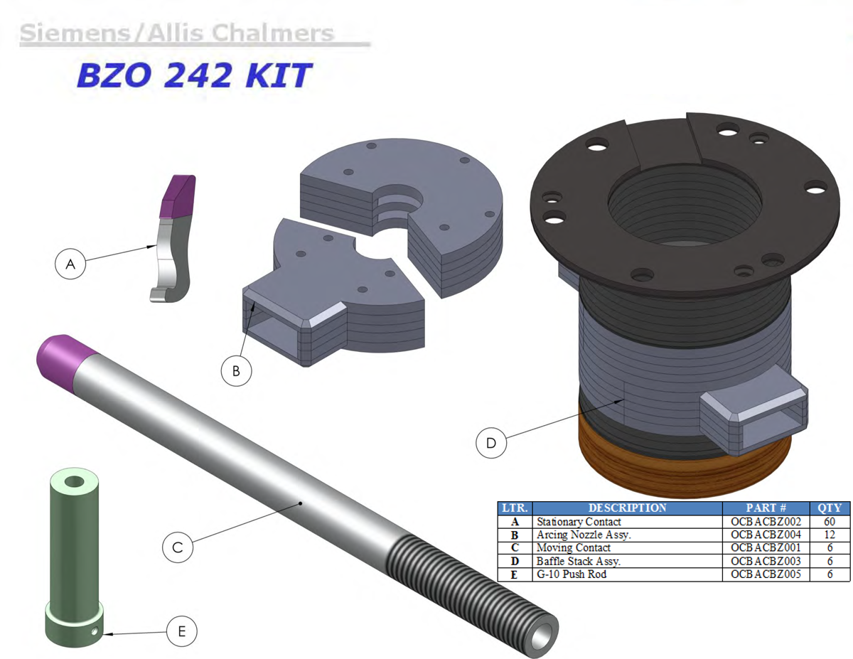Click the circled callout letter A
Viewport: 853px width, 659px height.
tap(70, 264)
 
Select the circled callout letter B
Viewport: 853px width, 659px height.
tap(236, 371)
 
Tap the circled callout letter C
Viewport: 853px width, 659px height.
tap(178, 547)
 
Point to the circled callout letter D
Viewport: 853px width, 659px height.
tap(491, 443)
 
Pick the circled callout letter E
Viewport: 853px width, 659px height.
tap(182, 631)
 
